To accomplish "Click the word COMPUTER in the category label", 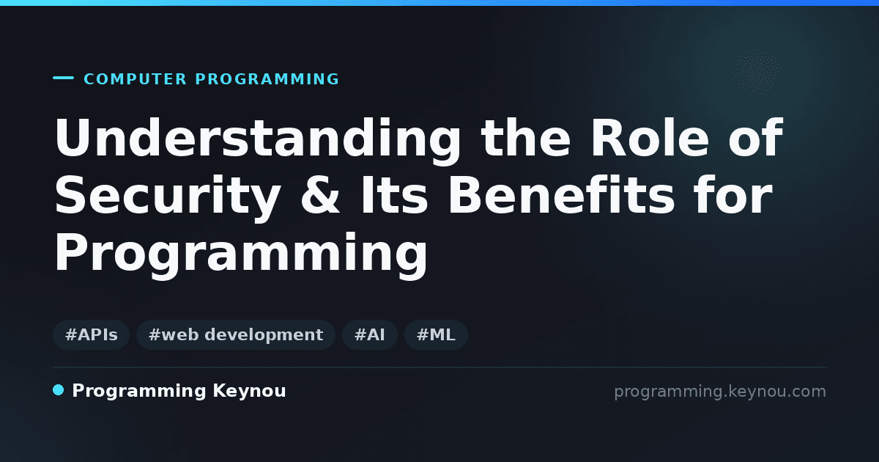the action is [136, 79].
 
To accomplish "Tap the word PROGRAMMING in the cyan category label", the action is [267, 79].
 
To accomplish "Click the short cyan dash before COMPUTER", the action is [63, 78].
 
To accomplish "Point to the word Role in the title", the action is [650, 137].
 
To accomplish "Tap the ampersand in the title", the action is [320, 195].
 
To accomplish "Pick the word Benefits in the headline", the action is [560, 194].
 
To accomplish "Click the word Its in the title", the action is [394, 195].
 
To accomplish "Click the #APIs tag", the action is [91, 334].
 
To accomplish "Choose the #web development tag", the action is [236, 334].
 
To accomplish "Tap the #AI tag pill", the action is [370, 334].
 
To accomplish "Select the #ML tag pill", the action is [436, 334].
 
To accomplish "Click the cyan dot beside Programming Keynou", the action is [58, 390].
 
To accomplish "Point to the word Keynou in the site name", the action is [249, 392].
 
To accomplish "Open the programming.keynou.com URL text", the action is [720, 392].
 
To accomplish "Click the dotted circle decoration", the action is [756, 72].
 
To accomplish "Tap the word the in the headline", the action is [526, 137].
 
